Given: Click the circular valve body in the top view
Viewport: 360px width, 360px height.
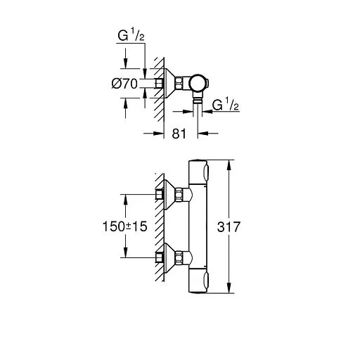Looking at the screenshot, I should pos(198,84).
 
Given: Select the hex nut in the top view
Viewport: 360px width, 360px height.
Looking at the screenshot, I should pos(181,84).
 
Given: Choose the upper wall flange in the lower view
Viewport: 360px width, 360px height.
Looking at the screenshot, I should pos(168,195).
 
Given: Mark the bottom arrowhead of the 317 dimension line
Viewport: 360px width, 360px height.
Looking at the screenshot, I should pos(229,290).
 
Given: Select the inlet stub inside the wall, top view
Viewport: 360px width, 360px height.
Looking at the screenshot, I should pos(159,84).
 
